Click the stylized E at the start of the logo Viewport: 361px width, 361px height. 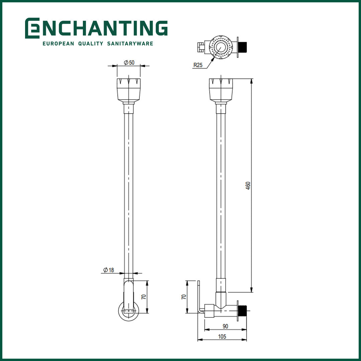click(32, 28)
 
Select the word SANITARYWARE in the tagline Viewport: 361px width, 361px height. click(130, 43)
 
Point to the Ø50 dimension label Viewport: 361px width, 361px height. click(129, 63)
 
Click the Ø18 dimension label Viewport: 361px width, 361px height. click(108, 270)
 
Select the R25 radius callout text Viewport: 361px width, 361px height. click(198, 65)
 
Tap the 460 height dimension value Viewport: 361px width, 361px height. click(248, 186)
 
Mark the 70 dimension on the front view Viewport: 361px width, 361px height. click(144, 297)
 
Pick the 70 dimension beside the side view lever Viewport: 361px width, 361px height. click(184, 297)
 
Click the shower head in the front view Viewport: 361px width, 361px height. click(129, 90)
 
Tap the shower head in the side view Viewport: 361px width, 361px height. click(221, 90)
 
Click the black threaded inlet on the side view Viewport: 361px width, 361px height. click(243, 310)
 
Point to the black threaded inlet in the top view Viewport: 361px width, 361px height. click(243, 47)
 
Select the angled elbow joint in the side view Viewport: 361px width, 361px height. click(221, 300)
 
